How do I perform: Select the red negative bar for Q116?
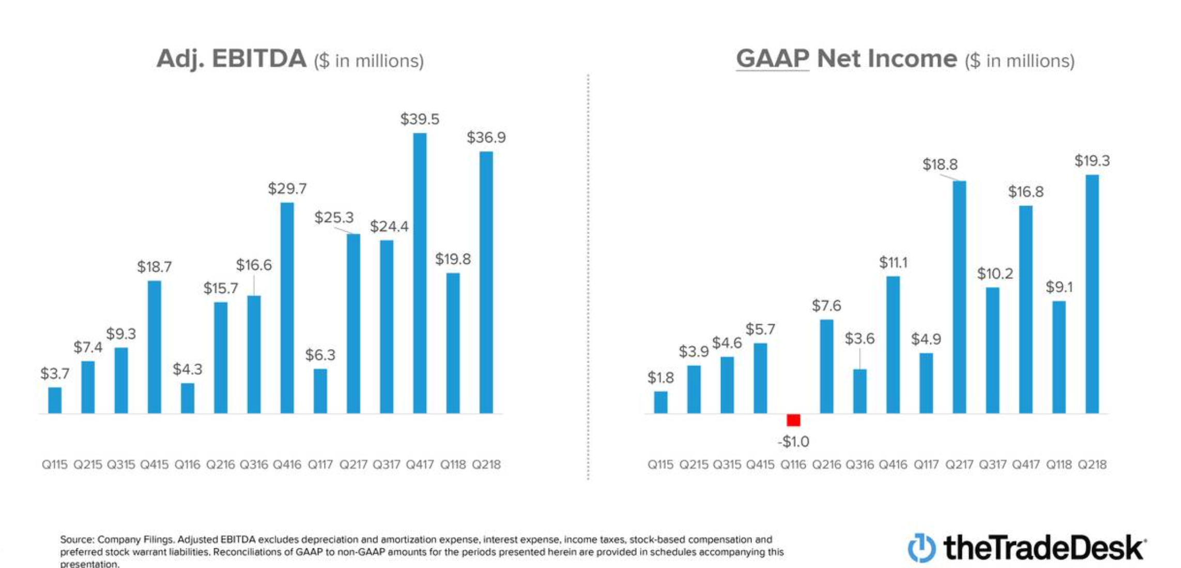(793, 420)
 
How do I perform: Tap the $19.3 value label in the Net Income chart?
(1092, 161)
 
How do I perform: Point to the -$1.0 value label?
(793, 442)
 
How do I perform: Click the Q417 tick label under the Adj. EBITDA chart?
(420, 465)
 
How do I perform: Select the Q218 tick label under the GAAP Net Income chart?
(1092, 465)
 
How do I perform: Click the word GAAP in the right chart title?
(772, 59)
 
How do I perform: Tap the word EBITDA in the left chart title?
(259, 59)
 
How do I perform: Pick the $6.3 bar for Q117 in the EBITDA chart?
(320, 391)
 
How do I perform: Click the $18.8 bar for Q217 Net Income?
(959, 297)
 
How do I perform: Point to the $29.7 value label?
(287, 189)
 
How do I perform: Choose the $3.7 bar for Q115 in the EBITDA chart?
(55, 400)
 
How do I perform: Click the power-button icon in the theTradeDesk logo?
(922, 548)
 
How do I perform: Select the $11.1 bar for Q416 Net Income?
(893, 345)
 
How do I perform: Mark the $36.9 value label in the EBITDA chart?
(486, 138)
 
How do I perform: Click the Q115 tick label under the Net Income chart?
(660, 465)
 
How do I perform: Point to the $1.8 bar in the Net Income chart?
(661, 402)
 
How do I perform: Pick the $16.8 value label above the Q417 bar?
(1025, 192)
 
